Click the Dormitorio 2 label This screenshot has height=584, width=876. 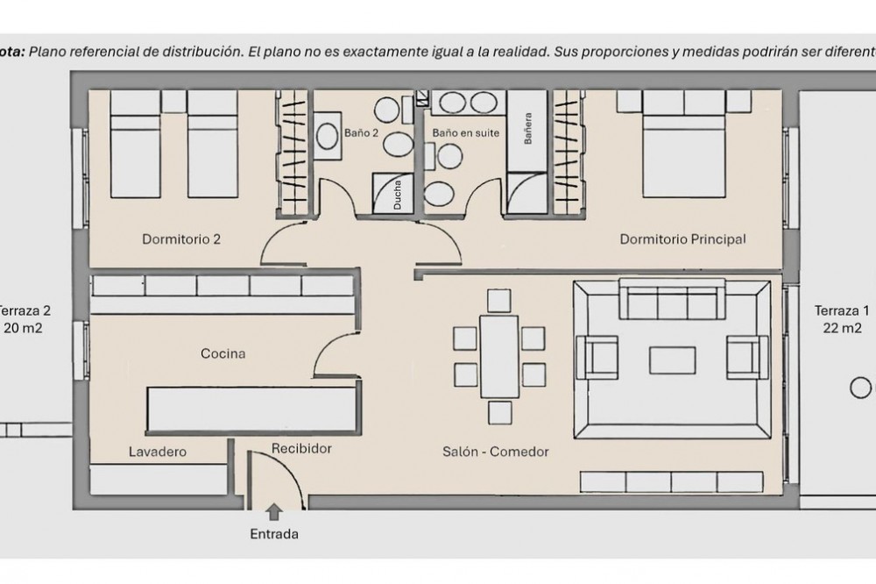[x=181, y=239]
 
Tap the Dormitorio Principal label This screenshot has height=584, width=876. [x=682, y=239]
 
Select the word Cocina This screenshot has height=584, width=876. [x=223, y=354]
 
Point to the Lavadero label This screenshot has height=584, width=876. [x=158, y=452]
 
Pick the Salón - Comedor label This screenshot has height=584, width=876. [x=495, y=452]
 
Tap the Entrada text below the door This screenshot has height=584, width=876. [x=274, y=533]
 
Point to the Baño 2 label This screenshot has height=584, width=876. [x=361, y=133]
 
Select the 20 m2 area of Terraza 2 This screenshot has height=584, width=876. [x=24, y=328]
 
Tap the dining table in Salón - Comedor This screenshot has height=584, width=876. [x=500, y=354]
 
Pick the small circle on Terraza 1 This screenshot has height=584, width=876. [x=860, y=387]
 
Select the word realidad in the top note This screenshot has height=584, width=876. [x=522, y=52]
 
